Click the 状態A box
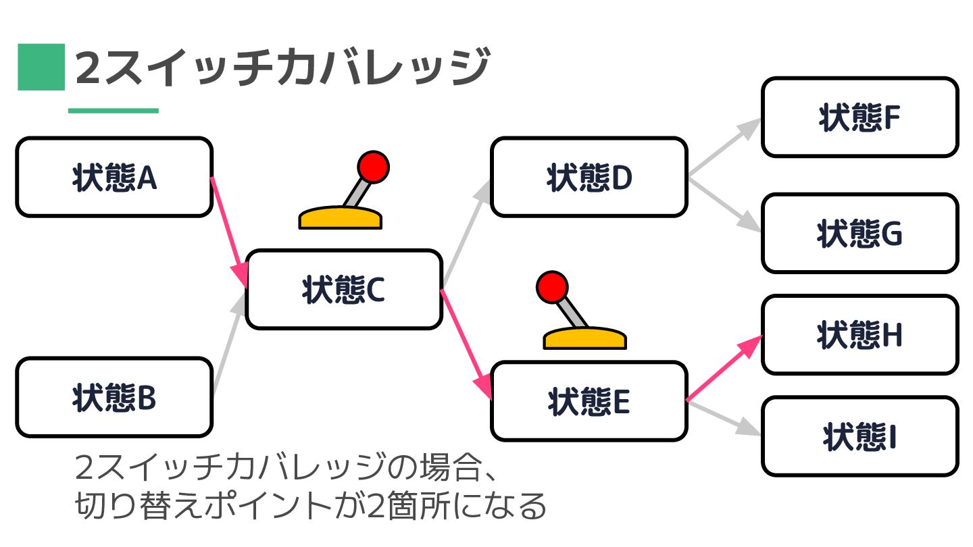click(x=114, y=178)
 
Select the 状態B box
click(x=114, y=398)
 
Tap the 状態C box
click(x=343, y=290)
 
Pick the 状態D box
click(x=589, y=178)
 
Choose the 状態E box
click(x=589, y=401)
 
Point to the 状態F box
click(x=859, y=118)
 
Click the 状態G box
click(x=859, y=234)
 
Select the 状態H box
click(x=859, y=335)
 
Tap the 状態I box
click(x=859, y=436)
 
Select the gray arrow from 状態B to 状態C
click(x=228, y=344)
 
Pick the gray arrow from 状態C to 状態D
click(x=466, y=232)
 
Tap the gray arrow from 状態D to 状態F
click(x=723, y=149)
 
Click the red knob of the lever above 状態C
click(x=373, y=165)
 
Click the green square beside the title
click(x=41, y=67)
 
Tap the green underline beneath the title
click(x=114, y=111)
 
